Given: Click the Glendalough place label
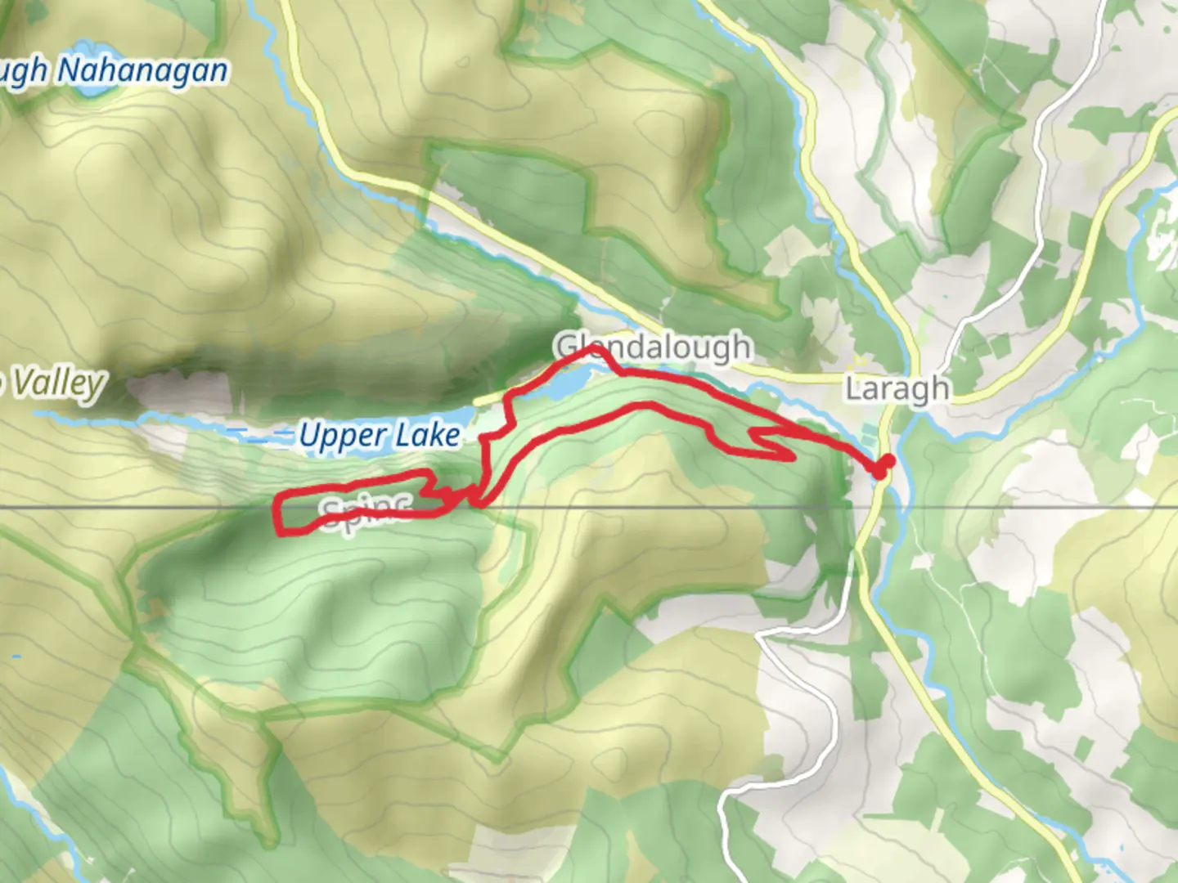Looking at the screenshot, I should [653, 347].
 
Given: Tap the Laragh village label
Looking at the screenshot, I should [897, 389].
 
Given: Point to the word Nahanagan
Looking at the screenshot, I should [142, 71].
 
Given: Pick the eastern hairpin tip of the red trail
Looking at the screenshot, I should [792, 458].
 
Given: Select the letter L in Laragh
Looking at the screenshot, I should [854, 389].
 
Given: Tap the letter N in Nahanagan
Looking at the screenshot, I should [69, 71].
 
